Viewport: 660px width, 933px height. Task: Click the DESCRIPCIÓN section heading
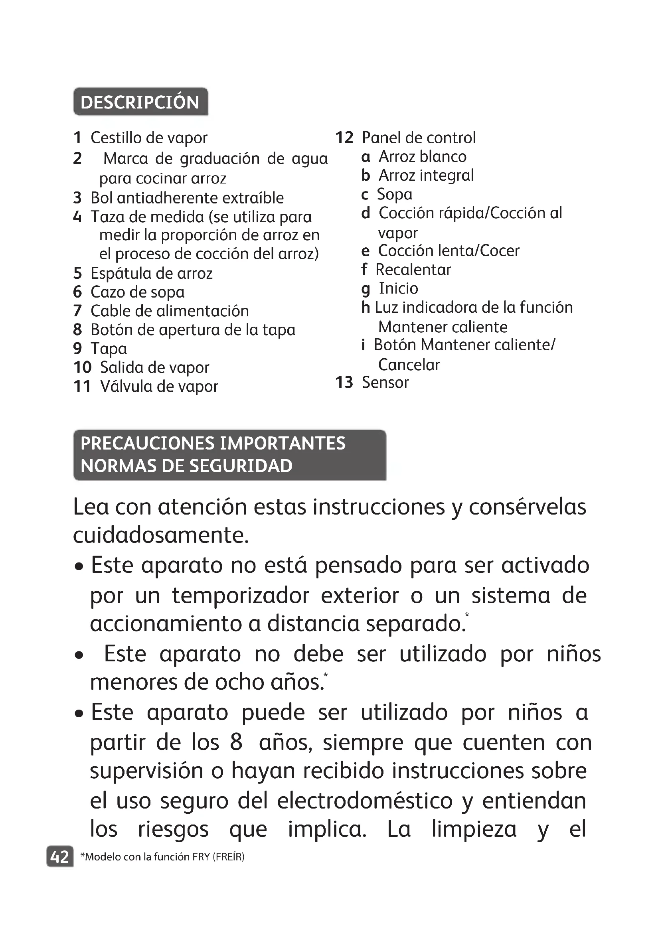[140, 102]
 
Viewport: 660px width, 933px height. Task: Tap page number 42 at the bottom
[60, 857]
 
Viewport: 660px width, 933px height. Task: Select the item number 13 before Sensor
[344, 383]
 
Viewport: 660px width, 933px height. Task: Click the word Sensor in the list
[385, 383]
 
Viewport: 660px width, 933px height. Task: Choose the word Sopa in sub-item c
[394, 194]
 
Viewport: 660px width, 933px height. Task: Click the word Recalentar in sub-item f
[413, 269]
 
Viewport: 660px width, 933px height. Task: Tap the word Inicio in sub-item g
[398, 288]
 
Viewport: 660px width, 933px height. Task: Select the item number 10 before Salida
[83, 367]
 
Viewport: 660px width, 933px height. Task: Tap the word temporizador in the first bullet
[240, 596]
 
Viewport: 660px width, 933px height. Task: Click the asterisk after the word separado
[467, 615]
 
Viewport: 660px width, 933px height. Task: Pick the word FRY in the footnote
[201, 857]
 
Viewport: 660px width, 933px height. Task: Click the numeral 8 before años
[236, 742]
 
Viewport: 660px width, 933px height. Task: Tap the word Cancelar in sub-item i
[409, 365]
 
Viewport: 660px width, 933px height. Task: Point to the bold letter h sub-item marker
[366, 308]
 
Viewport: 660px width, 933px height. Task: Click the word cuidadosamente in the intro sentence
[160, 535]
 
